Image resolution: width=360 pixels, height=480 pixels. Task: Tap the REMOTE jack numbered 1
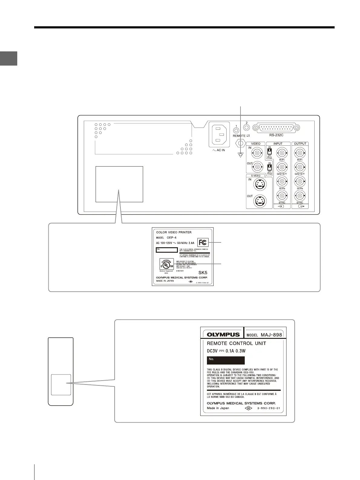[x=236, y=130]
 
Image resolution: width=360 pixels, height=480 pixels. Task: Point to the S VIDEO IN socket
[x=259, y=184]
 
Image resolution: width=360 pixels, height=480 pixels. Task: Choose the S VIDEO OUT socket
[x=259, y=201]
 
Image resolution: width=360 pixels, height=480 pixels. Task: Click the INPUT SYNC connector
[x=282, y=195]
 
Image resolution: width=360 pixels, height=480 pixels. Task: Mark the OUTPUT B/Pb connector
[x=300, y=181]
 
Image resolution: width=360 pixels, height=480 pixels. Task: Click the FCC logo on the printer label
[x=203, y=242]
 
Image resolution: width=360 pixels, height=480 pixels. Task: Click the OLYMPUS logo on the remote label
[x=223, y=335]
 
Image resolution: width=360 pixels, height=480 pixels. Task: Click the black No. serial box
[x=226, y=360]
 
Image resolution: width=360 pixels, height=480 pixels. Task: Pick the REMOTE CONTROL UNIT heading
[x=236, y=343]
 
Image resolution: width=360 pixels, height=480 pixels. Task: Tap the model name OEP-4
[x=172, y=238]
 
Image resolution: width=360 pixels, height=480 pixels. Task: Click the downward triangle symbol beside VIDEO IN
[x=241, y=155]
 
